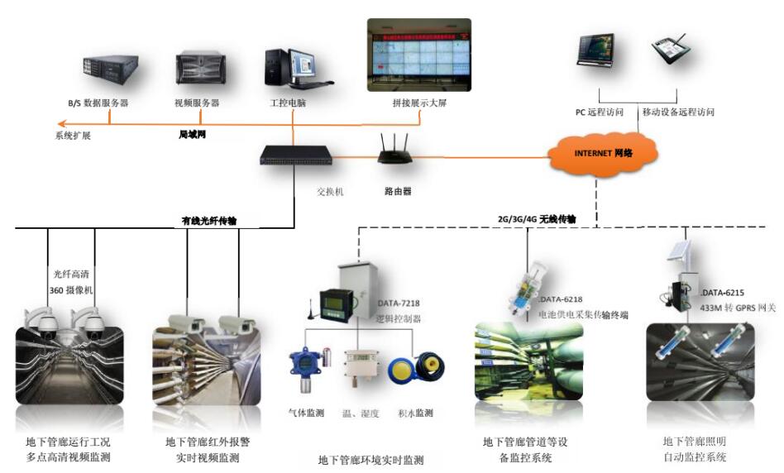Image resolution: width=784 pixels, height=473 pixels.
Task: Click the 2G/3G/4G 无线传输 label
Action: (x=536, y=219)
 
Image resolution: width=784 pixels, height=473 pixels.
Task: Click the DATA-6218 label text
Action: (x=563, y=299)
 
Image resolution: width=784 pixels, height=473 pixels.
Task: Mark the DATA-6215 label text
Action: (x=723, y=293)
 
